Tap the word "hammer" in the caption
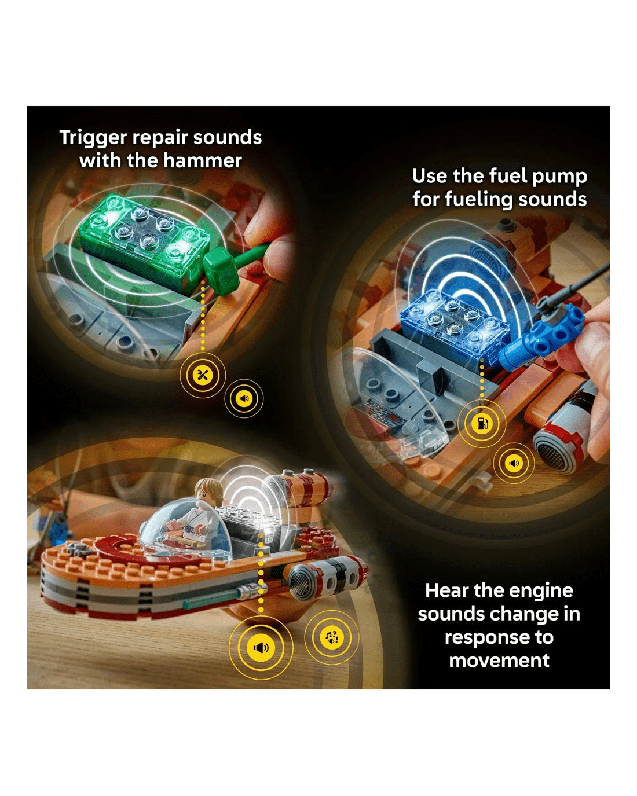pos(203,160)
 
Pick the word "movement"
pos(499,661)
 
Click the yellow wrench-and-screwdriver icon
pos(203,375)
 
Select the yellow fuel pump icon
pos(482,423)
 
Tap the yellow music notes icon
pos(331,637)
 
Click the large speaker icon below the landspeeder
pos(261,647)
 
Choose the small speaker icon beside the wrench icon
pos(244,398)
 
